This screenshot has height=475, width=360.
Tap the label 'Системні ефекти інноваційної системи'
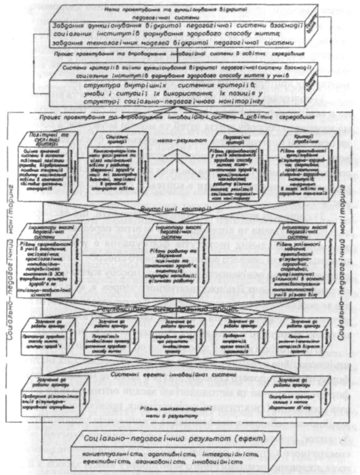tap(171, 374)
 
